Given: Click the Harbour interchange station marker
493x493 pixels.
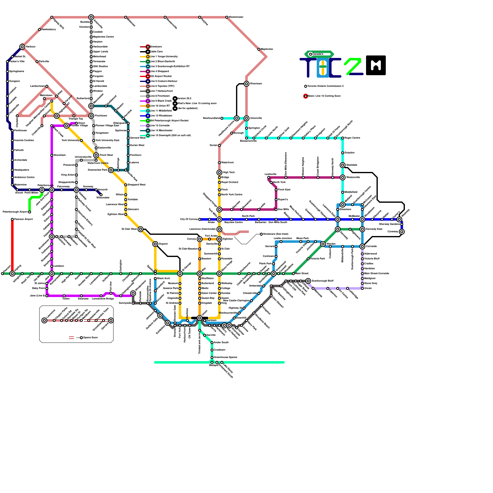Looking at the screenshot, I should click(x=22, y=47).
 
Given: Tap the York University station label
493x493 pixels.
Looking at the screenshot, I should click(x=71, y=141).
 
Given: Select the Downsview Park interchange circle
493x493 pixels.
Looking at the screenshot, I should click(x=111, y=170).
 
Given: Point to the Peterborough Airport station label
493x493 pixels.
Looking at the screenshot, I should click(x=15, y=212).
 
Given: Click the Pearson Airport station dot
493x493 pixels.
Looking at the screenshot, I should click(x=12, y=219).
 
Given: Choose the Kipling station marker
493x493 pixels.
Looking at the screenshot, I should click(x=12, y=274).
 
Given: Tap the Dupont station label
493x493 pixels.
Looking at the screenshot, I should click(x=163, y=244).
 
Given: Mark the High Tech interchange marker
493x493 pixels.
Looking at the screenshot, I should click(x=219, y=173).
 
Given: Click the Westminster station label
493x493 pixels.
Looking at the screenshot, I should click(x=236, y=17).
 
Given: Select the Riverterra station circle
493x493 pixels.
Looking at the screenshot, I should click(x=246, y=84).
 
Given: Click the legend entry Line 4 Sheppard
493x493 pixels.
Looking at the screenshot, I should click(x=159, y=71).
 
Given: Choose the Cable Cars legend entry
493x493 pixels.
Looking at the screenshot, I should click(x=156, y=52).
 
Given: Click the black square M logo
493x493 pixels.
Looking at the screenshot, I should click(x=376, y=65).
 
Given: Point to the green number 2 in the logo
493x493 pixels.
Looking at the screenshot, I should click(x=353, y=66).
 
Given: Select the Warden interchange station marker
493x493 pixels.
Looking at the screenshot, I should click(x=323, y=244).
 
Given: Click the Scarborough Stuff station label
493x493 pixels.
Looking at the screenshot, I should click(x=323, y=281).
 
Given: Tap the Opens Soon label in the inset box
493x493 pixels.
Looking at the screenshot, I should click(x=90, y=338).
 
